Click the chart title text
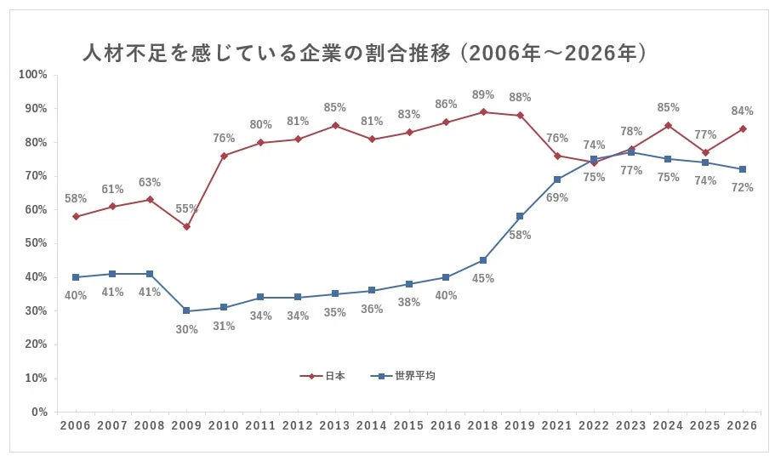366,54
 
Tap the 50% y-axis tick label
35,243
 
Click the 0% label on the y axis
38,412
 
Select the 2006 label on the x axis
75,424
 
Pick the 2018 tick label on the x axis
483,424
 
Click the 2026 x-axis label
744,424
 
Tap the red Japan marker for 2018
483,111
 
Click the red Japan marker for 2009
186,226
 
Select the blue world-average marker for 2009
186,310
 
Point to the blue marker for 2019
520,216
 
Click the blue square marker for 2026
744,169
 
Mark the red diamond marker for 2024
669,125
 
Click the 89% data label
483,94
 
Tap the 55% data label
186,209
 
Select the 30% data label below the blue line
186,329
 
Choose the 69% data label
557,197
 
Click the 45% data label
483,278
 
